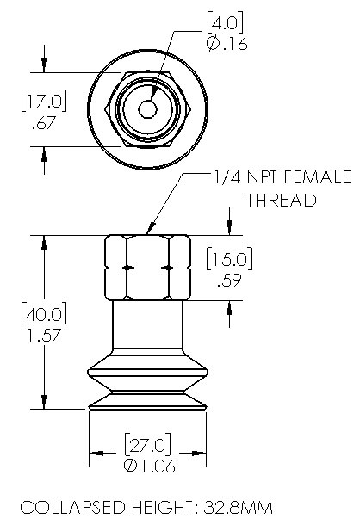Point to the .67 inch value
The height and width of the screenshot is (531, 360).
(42, 124)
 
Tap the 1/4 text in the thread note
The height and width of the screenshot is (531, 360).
(225, 178)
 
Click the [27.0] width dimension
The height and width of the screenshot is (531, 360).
(148, 446)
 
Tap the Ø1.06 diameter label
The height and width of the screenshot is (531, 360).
(147, 466)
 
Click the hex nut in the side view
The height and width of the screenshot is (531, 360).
(147, 267)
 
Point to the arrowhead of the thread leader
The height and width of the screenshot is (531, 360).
(152, 231)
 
